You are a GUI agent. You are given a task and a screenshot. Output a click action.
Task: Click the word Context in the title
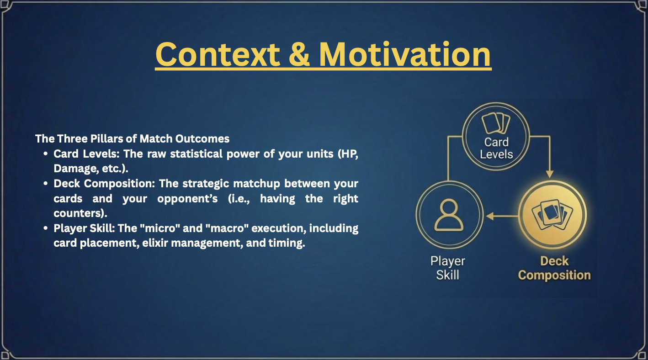(218, 55)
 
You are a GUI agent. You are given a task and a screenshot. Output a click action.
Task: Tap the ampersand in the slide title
(299, 55)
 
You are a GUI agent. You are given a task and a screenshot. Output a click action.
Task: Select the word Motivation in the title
(405, 54)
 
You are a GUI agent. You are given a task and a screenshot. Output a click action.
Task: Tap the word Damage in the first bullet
(74, 169)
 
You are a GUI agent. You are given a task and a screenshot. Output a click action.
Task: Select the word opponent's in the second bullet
(187, 199)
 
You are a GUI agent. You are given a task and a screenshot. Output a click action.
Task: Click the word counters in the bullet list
(79, 214)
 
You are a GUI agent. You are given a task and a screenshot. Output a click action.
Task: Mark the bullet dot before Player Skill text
(45, 228)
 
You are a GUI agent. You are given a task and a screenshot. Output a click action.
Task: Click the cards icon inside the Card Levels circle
(496, 123)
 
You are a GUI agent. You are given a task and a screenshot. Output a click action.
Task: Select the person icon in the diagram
(449, 215)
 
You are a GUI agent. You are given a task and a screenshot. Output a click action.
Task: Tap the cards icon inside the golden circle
(552, 215)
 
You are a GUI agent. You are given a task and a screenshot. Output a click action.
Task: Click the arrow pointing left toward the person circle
(502, 216)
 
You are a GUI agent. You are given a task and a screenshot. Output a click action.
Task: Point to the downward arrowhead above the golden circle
(550, 174)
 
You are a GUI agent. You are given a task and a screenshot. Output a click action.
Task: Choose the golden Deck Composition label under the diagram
(554, 268)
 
